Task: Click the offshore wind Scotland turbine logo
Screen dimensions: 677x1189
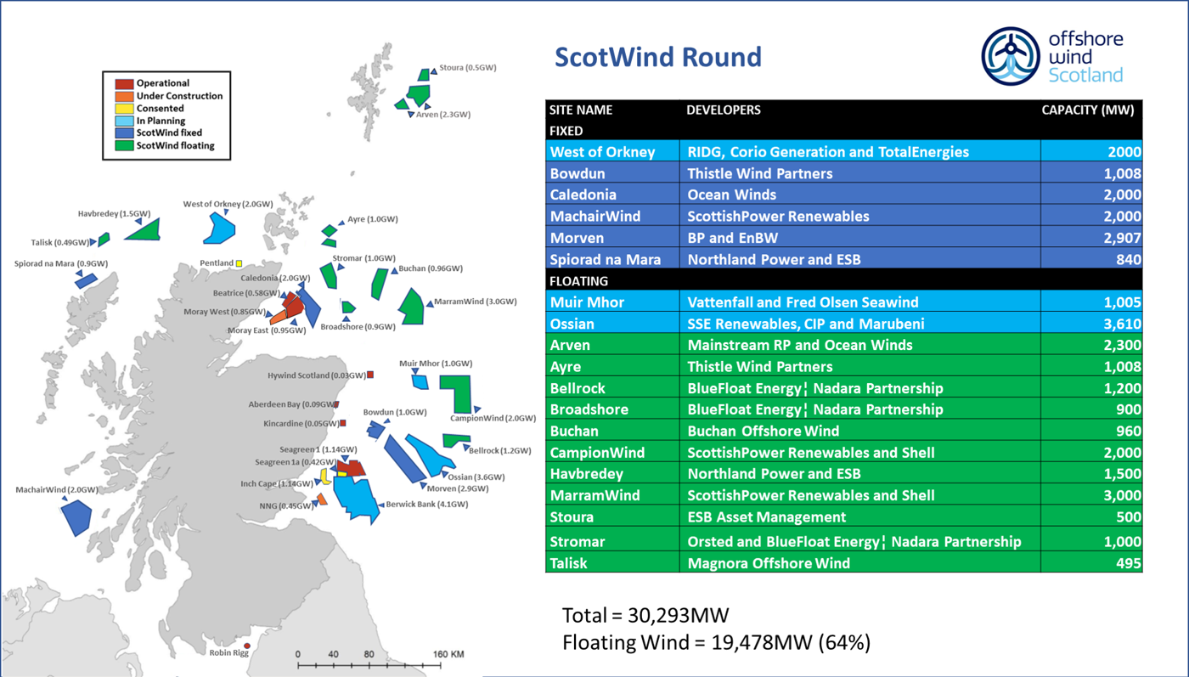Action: pyautogui.click(x=1011, y=57)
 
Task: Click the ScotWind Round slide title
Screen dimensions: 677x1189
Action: pyautogui.click(x=657, y=57)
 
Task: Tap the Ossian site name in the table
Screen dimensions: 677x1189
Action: pyautogui.click(x=572, y=324)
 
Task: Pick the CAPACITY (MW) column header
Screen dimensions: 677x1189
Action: pyautogui.click(x=1087, y=110)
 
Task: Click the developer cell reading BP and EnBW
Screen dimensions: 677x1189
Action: pyautogui.click(x=732, y=238)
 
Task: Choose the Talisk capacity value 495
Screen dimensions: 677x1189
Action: pyautogui.click(x=1128, y=562)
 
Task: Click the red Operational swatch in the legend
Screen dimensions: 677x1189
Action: pyautogui.click(x=124, y=83)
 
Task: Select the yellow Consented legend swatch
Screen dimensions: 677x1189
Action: pyautogui.click(x=124, y=109)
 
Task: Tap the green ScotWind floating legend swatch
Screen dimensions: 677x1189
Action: pyautogui.click(x=124, y=145)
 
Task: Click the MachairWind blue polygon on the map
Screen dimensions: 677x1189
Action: pyautogui.click(x=76, y=516)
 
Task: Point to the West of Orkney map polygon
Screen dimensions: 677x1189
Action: pyautogui.click(x=221, y=228)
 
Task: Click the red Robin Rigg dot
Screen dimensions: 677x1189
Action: pyautogui.click(x=247, y=646)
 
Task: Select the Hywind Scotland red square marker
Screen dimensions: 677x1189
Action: pyautogui.click(x=370, y=375)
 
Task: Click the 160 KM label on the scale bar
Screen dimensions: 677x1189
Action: pyautogui.click(x=448, y=655)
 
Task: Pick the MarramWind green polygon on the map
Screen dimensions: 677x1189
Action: pyautogui.click(x=412, y=306)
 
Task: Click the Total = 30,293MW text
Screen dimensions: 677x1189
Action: pyautogui.click(x=645, y=615)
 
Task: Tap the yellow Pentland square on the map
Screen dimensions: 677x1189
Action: pyautogui.click(x=239, y=263)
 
